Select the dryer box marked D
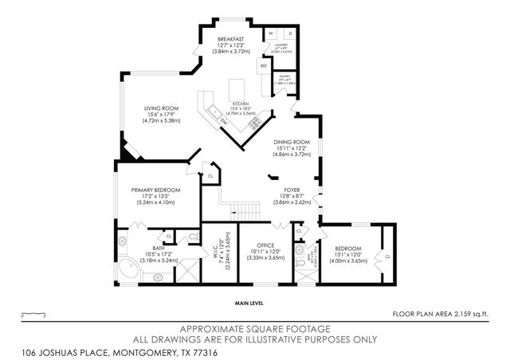click(x=290, y=33)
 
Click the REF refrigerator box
click(x=263, y=65)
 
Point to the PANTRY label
click(x=285, y=78)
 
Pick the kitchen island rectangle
click(x=237, y=88)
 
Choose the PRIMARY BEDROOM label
click(x=155, y=190)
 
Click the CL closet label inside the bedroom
click(x=386, y=256)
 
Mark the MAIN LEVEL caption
click(x=249, y=303)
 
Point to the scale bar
click(x=33, y=315)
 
